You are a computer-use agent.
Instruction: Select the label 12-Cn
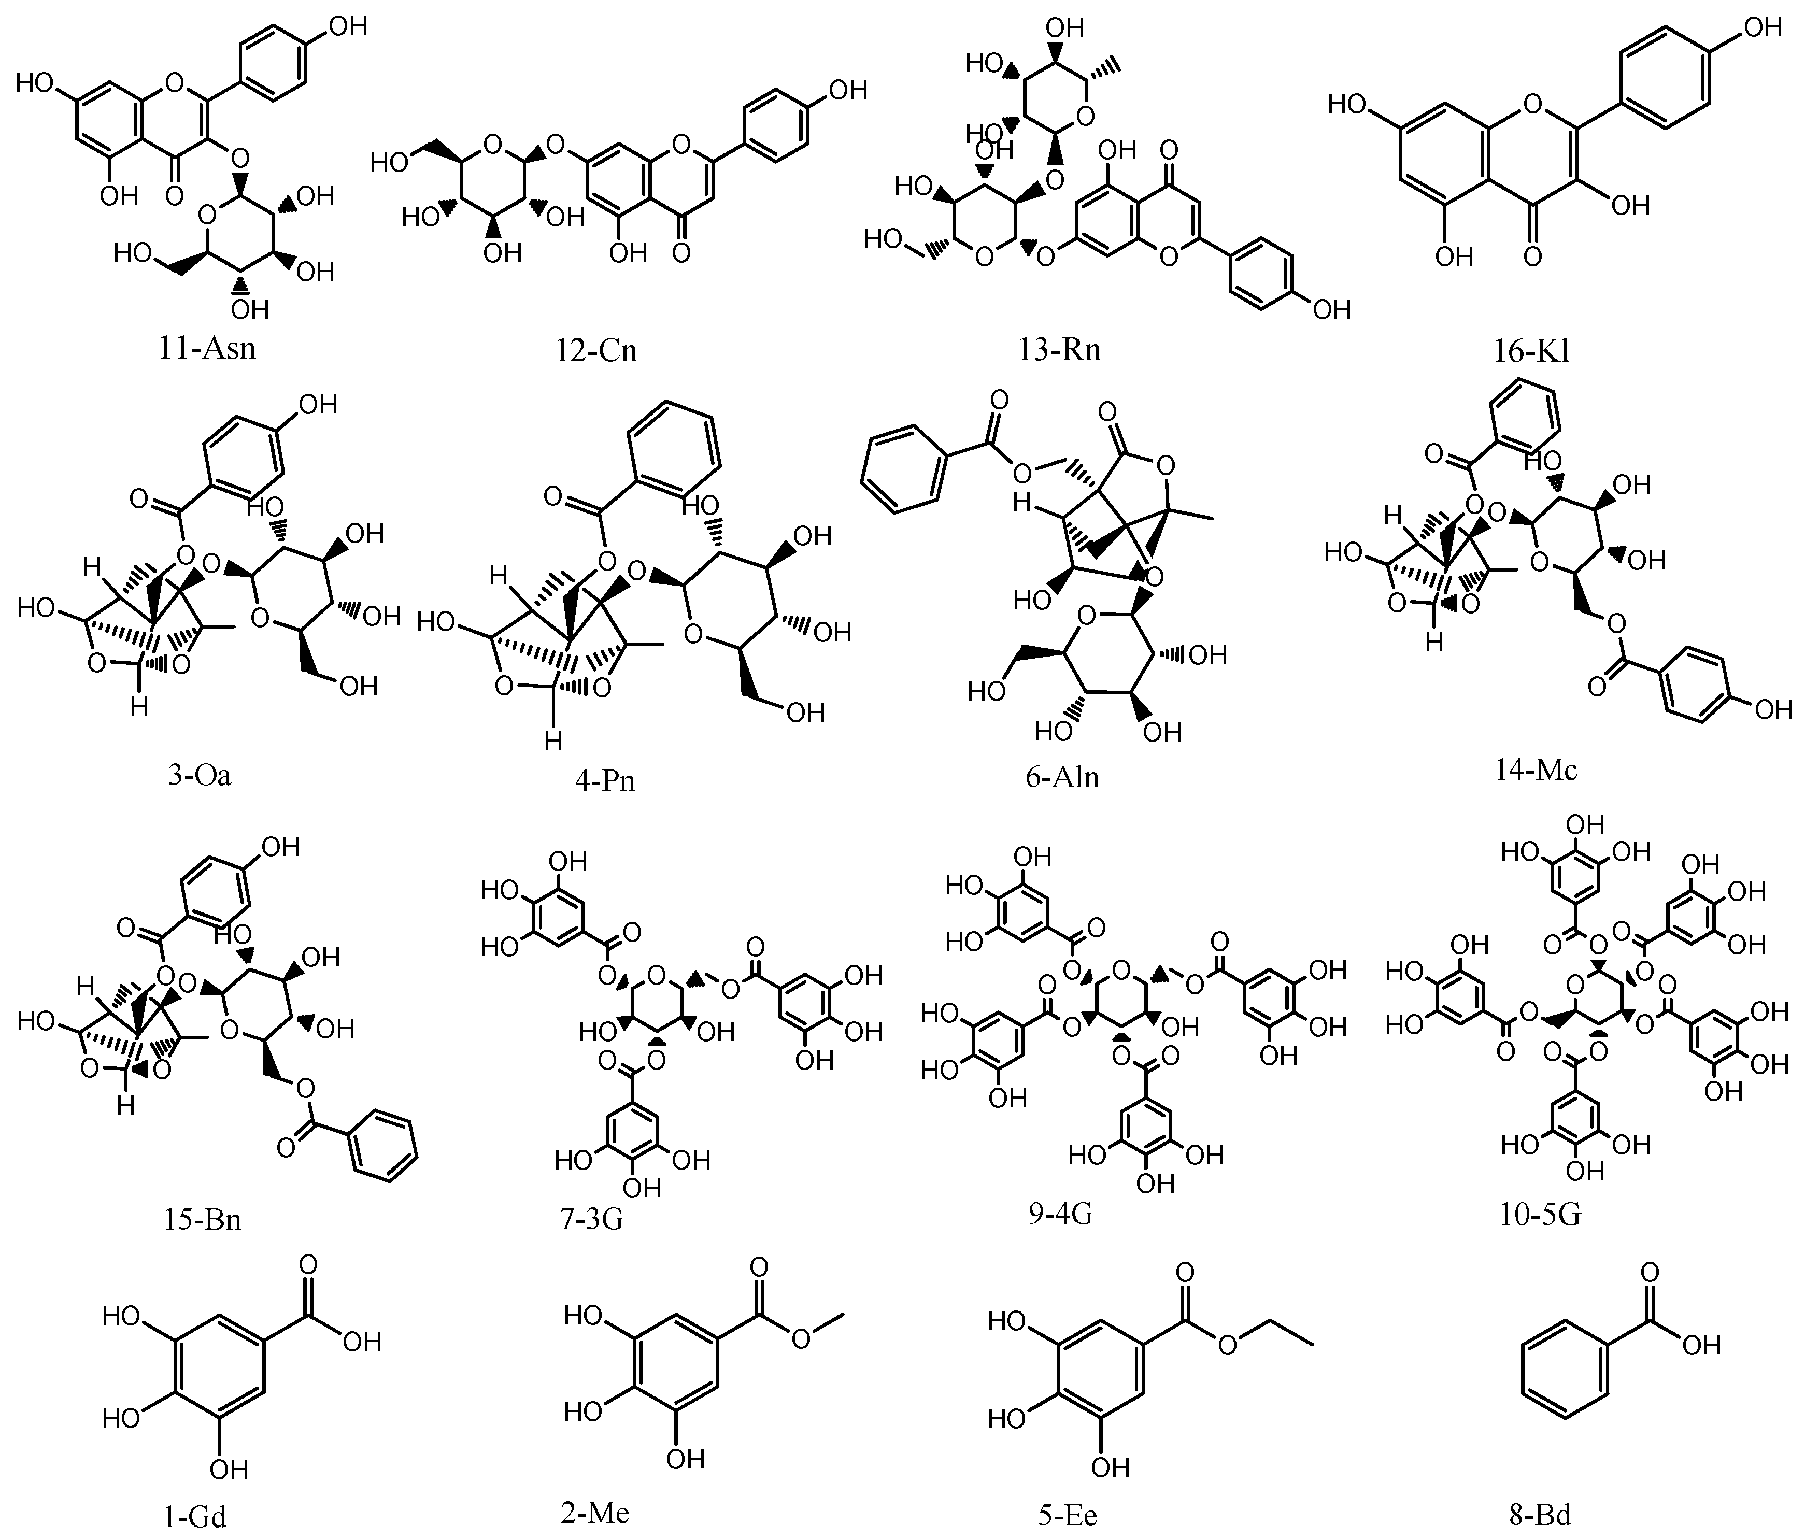pos(596,350)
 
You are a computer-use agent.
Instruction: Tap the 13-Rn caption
pos(1058,349)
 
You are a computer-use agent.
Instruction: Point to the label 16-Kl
pos(1533,350)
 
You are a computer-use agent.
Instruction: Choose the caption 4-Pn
pos(605,779)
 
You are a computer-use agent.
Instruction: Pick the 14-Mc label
pos(1536,769)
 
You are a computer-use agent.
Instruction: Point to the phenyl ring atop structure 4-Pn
pos(674,447)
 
